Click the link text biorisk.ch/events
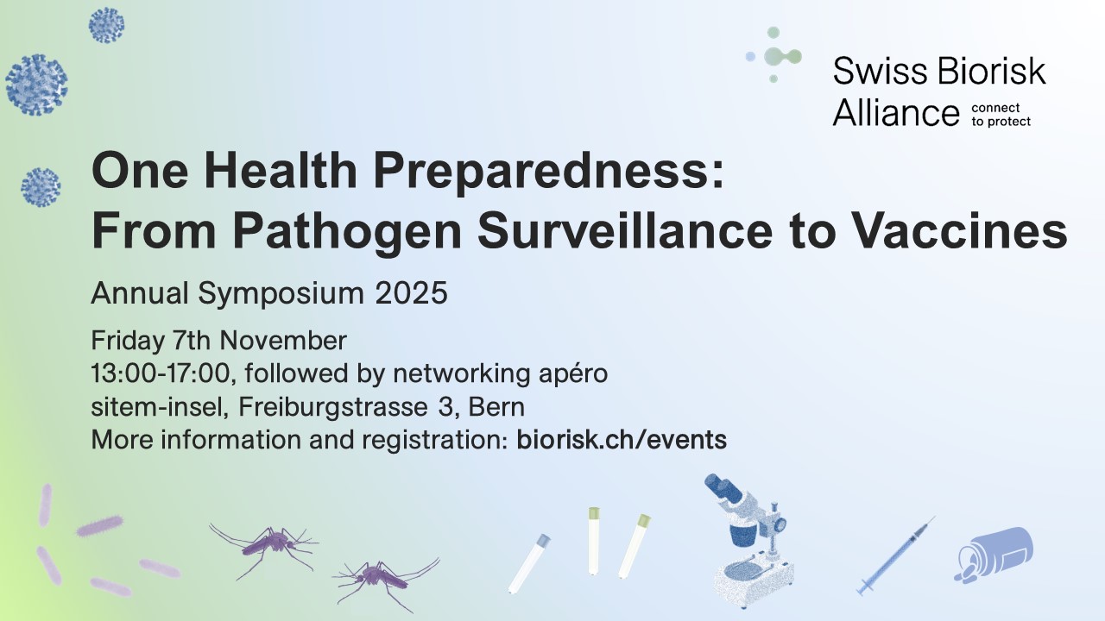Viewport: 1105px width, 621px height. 622,440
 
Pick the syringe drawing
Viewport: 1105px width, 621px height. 895,556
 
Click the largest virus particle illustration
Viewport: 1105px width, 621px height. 36,84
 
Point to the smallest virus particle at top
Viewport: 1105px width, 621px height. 106,25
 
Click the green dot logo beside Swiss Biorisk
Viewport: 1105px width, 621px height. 775,56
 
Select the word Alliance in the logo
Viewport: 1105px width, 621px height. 895,113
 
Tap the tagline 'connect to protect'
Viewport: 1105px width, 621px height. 1001,115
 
